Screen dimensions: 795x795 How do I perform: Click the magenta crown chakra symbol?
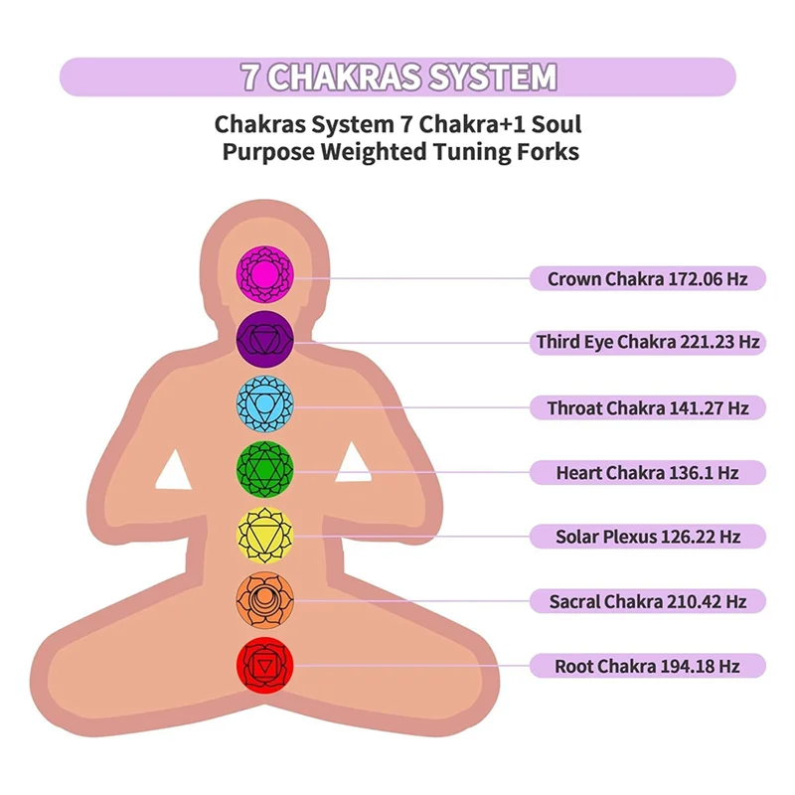click(x=264, y=274)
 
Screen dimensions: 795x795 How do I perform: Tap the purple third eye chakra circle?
click(x=264, y=339)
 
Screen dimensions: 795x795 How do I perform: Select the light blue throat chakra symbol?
click(x=264, y=404)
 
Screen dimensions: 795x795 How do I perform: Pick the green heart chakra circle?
click(x=264, y=469)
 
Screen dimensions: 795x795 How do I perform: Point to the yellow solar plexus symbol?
click(x=264, y=536)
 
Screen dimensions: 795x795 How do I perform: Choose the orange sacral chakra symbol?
click(x=264, y=600)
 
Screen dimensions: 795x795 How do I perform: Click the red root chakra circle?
click(x=264, y=665)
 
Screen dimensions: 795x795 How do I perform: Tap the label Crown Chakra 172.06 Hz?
click(x=648, y=278)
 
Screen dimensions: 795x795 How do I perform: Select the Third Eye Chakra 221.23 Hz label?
click(x=648, y=342)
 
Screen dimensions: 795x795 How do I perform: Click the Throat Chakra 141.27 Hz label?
click(x=648, y=407)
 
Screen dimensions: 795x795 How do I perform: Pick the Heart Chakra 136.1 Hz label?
click(x=648, y=473)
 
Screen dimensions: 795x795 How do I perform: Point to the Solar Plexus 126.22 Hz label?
click(x=648, y=537)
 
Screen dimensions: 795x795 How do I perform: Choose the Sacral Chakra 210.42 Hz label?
click(x=648, y=601)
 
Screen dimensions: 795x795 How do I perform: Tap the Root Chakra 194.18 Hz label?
click(x=648, y=666)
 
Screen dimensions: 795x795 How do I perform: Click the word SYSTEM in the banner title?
click(x=492, y=78)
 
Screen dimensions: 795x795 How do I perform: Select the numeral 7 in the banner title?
click(x=250, y=78)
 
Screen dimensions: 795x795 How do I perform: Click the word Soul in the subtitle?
click(x=556, y=124)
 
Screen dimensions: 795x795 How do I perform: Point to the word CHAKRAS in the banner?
click(x=344, y=78)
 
